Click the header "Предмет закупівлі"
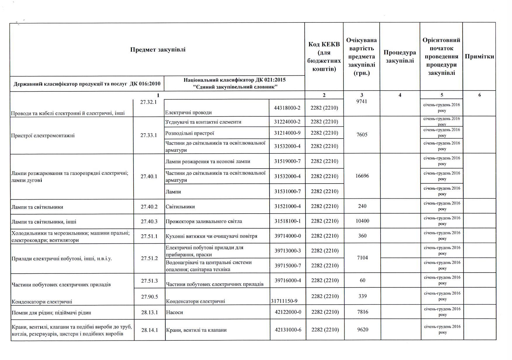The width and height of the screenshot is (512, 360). [x=158, y=50]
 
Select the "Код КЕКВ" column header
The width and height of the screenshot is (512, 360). [x=324, y=57]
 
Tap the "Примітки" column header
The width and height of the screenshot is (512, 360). [x=479, y=57]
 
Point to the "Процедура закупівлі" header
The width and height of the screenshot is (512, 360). [x=400, y=57]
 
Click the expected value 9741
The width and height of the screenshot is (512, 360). [x=362, y=102]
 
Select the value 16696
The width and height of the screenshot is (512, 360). [x=362, y=176]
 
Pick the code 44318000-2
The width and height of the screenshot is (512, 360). [x=287, y=108]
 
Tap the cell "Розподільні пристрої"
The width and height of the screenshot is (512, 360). [x=190, y=133]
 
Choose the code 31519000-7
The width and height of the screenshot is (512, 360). [x=287, y=161]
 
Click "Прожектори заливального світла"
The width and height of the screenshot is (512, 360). [x=204, y=221]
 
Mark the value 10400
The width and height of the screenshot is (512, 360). [x=362, y=221]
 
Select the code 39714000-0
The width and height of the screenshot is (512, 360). [x=288, y=236]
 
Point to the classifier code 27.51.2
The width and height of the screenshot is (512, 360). [x=149, y=258]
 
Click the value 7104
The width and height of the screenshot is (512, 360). [x=362, y=258]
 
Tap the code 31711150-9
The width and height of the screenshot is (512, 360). [x=284, y=301]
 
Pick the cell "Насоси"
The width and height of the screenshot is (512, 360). [x=174, y=312]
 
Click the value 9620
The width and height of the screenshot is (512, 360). [x=363, y=330]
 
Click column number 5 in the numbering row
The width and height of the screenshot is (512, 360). [x=442, y=95]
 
